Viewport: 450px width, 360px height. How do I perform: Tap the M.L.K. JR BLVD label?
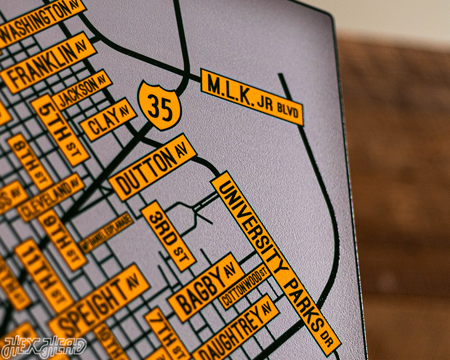(252, 97)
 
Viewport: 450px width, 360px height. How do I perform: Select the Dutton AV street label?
(152, 167)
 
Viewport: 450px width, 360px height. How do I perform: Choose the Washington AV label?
(40, 20)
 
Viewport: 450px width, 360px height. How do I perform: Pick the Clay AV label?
(108, 119)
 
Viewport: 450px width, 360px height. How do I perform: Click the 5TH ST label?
(60, 130)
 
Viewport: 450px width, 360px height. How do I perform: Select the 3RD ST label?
(168, 235)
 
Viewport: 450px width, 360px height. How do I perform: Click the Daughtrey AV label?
(236, 329)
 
